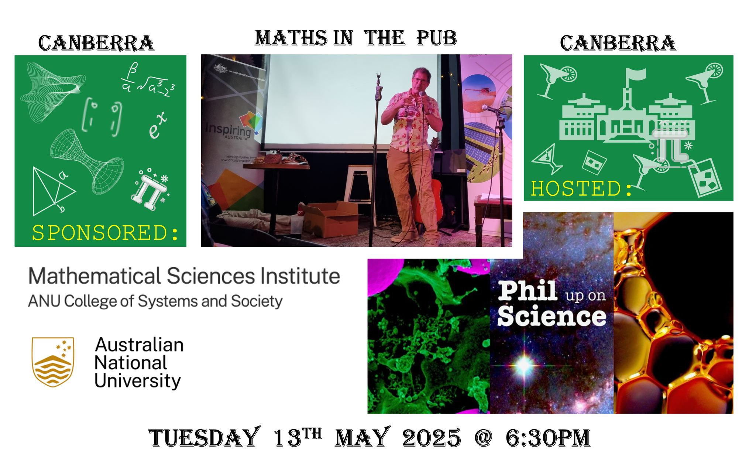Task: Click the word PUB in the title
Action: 437,38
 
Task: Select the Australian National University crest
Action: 53,362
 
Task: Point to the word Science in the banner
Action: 551,317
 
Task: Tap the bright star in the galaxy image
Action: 524,365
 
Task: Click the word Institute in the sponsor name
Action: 300,276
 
